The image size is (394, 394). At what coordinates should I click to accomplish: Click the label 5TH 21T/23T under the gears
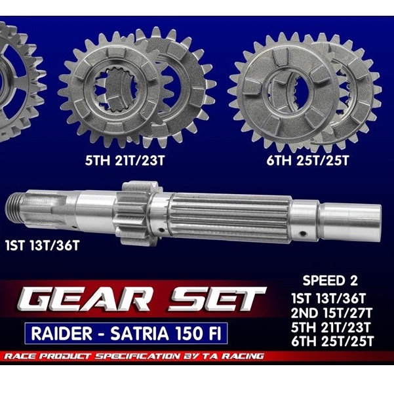click(x=125, y=161)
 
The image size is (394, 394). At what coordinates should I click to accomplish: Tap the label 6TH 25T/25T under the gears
click(x=308, y=161)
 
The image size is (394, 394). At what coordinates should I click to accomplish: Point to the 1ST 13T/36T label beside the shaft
click(x=42, y=245)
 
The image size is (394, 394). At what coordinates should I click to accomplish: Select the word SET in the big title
click(x=216, y=300)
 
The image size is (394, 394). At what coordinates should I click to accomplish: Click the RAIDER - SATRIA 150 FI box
click(x=126, y=333)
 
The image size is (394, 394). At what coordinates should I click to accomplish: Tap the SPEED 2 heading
click(x=330, y=281)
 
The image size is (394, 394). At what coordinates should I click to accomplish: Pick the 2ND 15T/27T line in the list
click(x=331, y=313)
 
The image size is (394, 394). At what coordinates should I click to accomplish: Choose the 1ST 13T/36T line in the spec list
click(x=328, y=298)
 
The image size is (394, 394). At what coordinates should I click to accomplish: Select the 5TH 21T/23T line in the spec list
click(x=330, y=327)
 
